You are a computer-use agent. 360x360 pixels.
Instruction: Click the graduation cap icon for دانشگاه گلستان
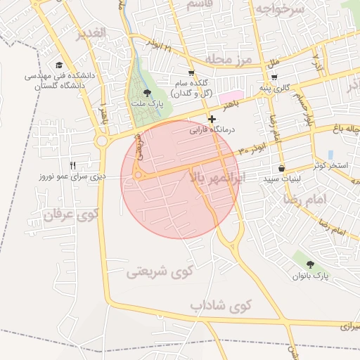coord(60,65)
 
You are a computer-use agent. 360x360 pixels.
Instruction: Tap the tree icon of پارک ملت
coord(146,93)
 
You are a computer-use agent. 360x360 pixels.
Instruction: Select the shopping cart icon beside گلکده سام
coord(191,73)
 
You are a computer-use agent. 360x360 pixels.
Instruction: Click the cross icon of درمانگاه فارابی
coord(212,119)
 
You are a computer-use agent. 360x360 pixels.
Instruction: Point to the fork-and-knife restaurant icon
coord(72,165)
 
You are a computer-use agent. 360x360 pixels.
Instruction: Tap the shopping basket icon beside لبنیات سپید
coord(282,169)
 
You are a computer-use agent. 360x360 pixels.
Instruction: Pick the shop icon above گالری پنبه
coord(274,78)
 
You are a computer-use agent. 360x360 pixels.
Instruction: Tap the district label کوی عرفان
coord(68,214)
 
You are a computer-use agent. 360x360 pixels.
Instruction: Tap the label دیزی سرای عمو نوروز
coord(72,176)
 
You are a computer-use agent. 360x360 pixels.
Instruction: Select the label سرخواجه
coord(280,9)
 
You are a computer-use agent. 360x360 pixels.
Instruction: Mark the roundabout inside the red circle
coord(139,175)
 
